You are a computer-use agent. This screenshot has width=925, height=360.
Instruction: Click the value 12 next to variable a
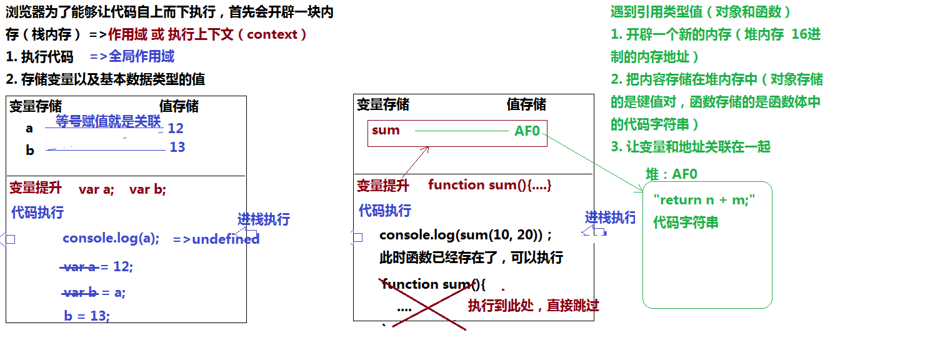click(176, 128)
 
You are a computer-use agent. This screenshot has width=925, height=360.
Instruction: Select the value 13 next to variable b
click(177, 147)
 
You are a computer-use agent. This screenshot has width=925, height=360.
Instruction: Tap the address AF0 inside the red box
click(527, 131)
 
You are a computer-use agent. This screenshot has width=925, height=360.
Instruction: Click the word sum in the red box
click(386, 130)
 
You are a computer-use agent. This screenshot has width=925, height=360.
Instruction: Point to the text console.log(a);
click(111, 239)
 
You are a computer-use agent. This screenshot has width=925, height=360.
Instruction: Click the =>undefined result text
click(216, 239)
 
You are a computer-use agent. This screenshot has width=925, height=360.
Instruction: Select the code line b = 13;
click(87, 316)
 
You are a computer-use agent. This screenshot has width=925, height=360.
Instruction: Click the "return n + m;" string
click(705, 200)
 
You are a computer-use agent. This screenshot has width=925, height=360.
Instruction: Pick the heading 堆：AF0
click(671, 174)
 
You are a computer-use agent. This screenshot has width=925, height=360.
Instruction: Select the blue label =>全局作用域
click(132, 57)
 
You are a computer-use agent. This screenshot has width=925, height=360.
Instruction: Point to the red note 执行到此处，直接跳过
click(533, 306)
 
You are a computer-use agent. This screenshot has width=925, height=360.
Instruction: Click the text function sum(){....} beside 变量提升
click(490, 185)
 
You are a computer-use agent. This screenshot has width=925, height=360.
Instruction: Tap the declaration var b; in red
click(147, 189)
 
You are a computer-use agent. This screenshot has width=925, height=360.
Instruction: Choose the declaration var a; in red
click(96, 189)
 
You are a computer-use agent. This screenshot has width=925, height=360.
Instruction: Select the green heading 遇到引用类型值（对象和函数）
click(701, 12)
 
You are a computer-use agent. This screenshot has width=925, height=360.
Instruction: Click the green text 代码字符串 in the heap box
click(686, 222)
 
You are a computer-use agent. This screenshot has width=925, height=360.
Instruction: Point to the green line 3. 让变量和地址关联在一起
click(691, 147)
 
